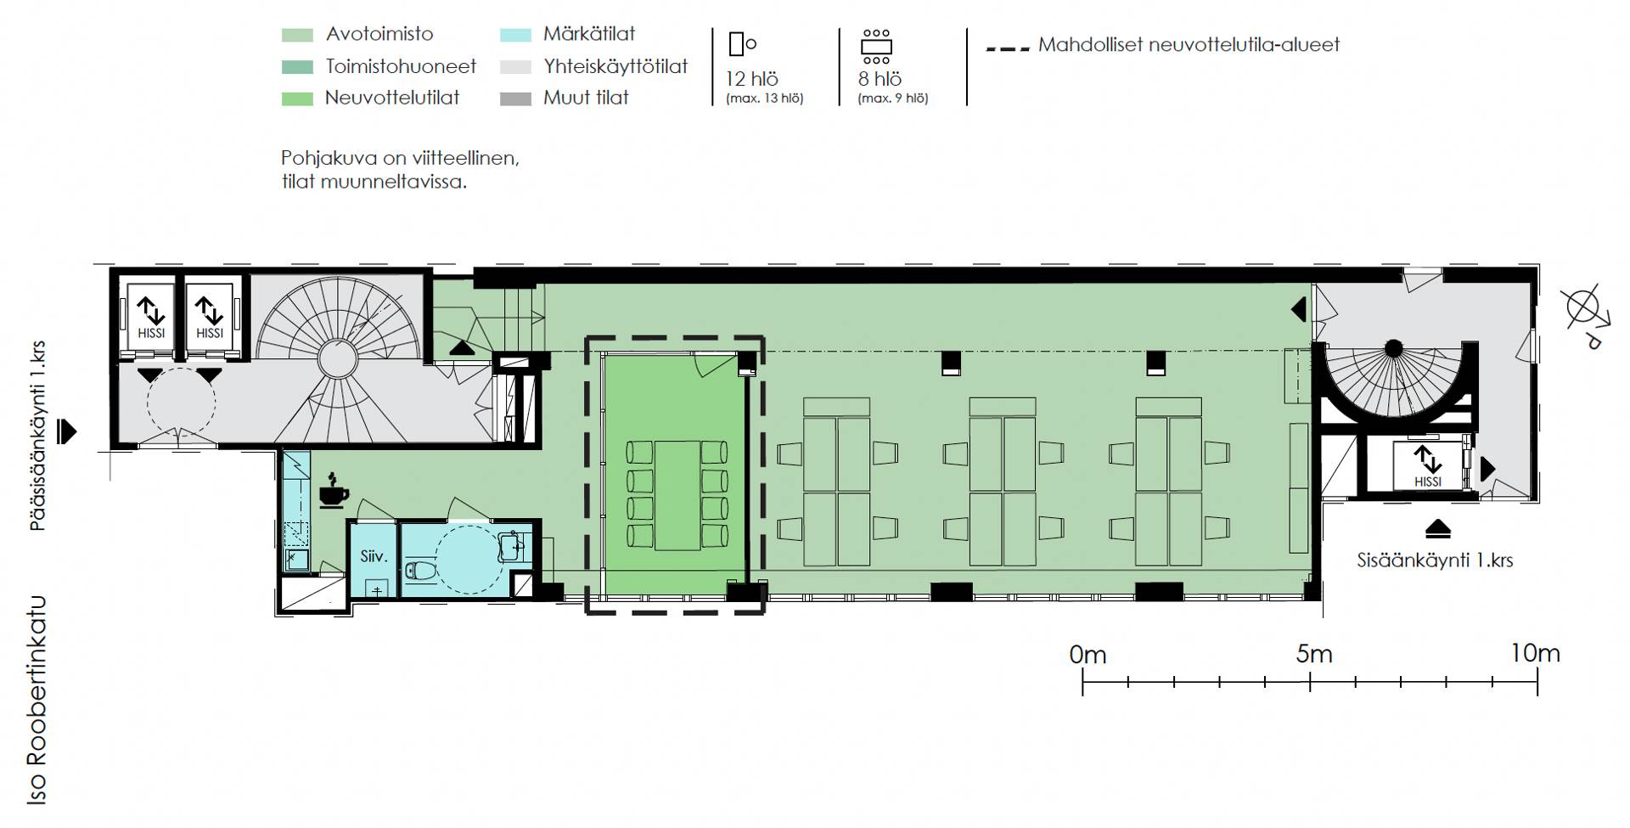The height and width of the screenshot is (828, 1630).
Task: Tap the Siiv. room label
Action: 374,557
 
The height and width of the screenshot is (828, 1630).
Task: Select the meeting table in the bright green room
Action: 677,495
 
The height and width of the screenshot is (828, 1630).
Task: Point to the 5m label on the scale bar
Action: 1313,654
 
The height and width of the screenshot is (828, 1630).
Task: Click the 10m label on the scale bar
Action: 1535,653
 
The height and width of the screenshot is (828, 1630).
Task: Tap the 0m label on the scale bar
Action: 1088,655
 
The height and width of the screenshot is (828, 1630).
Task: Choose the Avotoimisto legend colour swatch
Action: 296,35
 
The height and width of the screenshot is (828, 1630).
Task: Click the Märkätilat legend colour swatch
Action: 516,35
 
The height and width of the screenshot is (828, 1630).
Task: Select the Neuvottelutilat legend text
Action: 392,98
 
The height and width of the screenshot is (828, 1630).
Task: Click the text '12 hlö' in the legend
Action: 751,79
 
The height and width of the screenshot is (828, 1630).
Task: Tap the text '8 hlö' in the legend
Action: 880,79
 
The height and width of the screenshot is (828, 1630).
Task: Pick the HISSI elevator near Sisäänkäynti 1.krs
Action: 1428,465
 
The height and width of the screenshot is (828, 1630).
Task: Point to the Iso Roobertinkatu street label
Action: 37,701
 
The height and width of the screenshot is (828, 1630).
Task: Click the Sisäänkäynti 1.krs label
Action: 1435,560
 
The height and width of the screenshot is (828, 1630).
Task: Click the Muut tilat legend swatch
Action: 516,99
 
